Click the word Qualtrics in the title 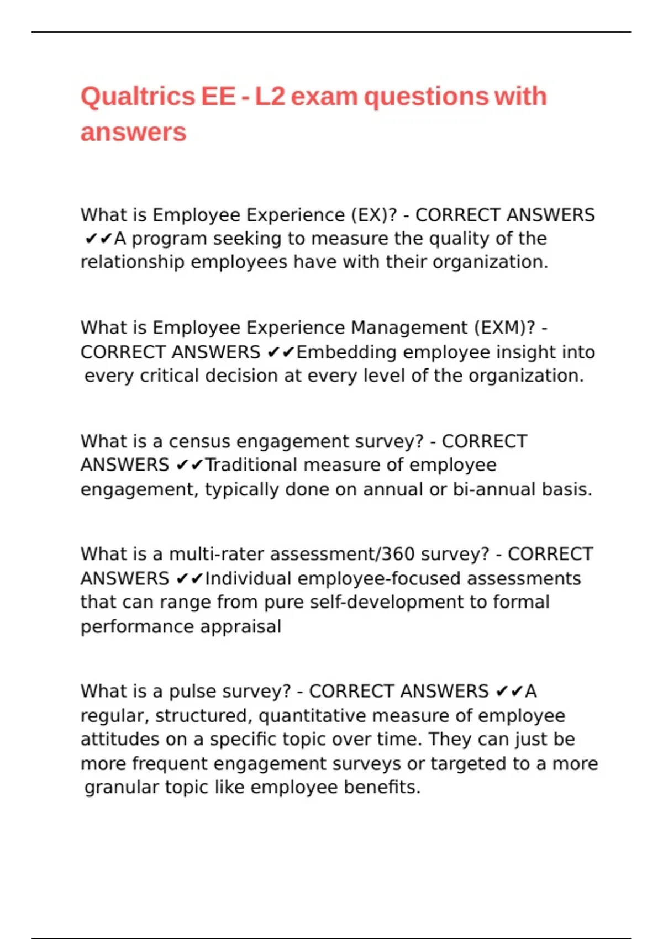click(x=138, y=97)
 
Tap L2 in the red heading click(x=270, y=97)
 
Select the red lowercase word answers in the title click(x=133, y=133)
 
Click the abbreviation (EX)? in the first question click(x=374, y=215)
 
